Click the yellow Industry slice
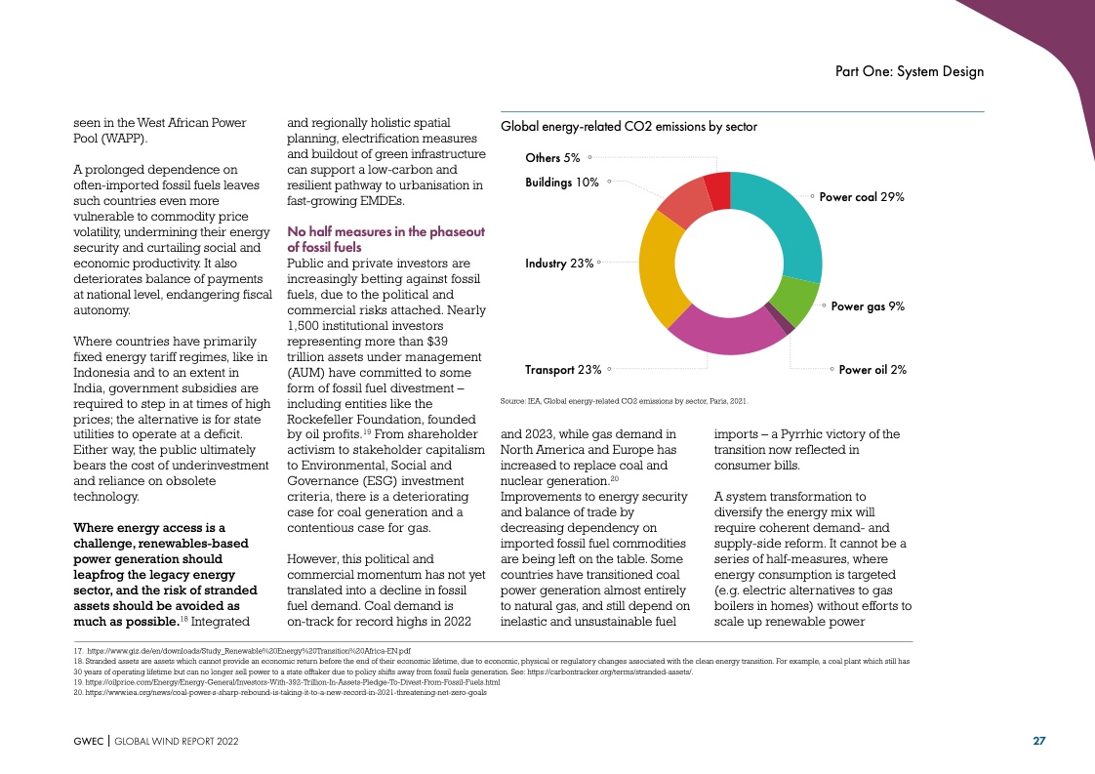click(660, 268)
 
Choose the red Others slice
click(717, 189)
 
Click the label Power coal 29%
click(862, 197)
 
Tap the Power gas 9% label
click(868, 306)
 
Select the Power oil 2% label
click(872, 370)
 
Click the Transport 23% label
click(563, 370)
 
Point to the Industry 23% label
click(559, 264)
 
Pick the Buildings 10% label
click(562, 182)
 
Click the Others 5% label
click(552, 157)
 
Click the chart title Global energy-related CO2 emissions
click(629, 127)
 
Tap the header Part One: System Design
click(910, 71)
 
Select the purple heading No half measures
click(385, 239)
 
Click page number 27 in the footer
click(1039, 741)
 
